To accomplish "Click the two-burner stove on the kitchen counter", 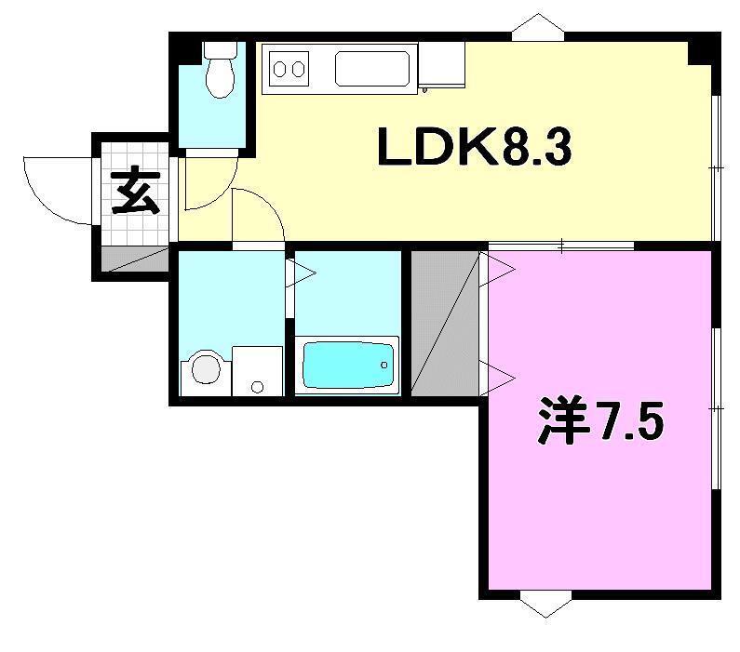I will pos(289,68).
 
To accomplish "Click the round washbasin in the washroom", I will pos(206,370).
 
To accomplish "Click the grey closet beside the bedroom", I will pos(445,322).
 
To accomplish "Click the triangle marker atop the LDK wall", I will pos(537,26).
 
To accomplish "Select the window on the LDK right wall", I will pos(715,167).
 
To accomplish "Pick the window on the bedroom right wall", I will pos(715,406).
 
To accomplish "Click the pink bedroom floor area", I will pos(596,521).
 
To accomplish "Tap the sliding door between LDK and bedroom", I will pos(561,246).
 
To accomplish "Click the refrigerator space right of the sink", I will pos(441,65).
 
